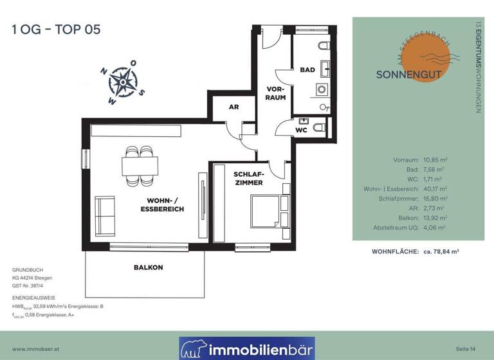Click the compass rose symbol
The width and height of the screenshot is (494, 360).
click(122, 82)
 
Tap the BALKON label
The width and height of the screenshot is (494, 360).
click(149, 267)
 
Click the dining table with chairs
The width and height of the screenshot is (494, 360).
click(140, 165)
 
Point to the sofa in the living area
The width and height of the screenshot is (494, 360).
click(105, 217)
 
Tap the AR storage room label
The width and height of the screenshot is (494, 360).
click(234, 107)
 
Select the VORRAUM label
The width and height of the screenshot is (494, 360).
click(276, 93)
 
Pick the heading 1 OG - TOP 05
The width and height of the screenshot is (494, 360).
click(56, 29)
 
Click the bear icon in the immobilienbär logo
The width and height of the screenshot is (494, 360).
click(193, 349)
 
